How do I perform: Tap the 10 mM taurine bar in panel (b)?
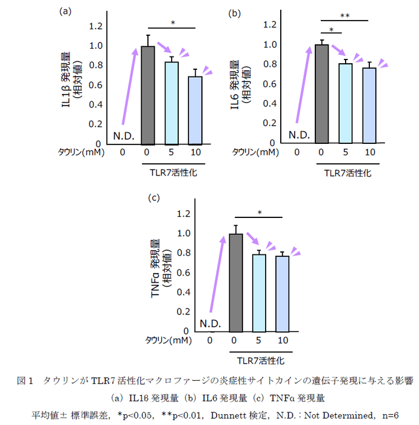coord(369,106)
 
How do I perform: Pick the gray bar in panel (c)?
coord(235,282)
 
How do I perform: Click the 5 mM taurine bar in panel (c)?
coord(259,293)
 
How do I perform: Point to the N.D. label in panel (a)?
coord(123,135)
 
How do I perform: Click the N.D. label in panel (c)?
coord(210,322)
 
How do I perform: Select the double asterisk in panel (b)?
coord(345,15)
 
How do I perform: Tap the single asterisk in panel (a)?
coord(172,24)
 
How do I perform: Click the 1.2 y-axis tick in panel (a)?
coord(95,26)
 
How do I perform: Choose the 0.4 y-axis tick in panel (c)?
coord(183,292)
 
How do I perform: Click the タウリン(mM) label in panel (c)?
coord(169,341)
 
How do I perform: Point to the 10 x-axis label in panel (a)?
coord(195,152)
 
